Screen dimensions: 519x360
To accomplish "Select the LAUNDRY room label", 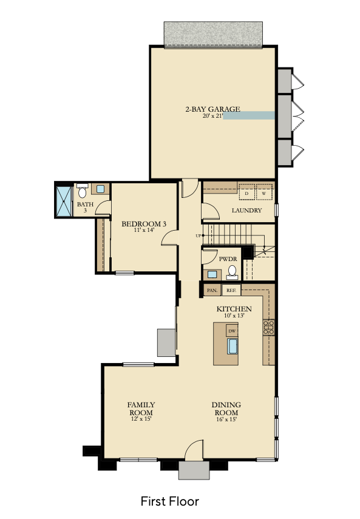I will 246,211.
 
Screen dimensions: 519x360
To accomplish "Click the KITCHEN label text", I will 234,309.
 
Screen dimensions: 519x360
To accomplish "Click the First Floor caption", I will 169,501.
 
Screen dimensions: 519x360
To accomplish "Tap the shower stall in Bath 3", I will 63,200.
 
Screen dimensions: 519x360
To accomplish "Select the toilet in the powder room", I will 231,272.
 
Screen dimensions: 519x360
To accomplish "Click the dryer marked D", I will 246,192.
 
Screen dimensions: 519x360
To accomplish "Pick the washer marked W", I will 264,192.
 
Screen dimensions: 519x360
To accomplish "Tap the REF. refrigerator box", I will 231,291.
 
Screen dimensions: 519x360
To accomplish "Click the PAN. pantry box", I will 212,291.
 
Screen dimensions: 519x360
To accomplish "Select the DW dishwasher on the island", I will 232,331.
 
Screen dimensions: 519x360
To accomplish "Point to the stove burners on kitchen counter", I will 268,328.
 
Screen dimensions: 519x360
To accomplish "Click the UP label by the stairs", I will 198,236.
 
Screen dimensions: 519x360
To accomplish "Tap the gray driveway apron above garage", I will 212,34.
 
